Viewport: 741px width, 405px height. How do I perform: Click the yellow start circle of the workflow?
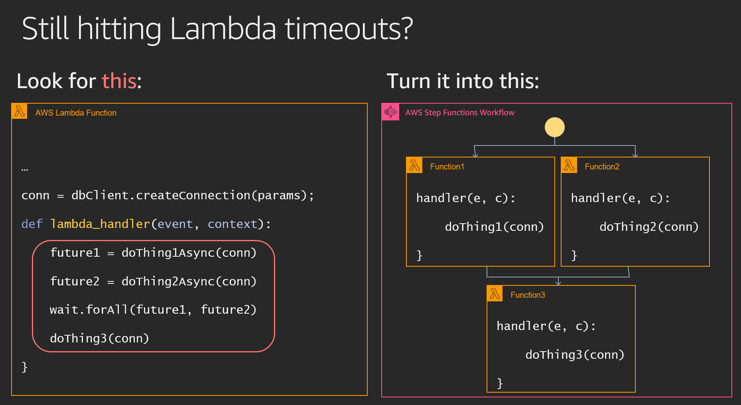[554, 127]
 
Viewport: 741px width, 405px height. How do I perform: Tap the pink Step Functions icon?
[390, 112]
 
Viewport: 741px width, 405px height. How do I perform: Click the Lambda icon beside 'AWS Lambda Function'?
[20, 111]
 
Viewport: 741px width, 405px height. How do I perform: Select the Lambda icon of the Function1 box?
[414, 165]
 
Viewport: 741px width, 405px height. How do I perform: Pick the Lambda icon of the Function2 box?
[569, 165]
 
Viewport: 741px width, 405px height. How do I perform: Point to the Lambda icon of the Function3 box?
[495, 293]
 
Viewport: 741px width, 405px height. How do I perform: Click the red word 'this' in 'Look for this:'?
[119, 81]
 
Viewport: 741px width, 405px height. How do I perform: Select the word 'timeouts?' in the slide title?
[349, 29]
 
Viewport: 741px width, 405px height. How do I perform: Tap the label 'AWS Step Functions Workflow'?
[460, 112]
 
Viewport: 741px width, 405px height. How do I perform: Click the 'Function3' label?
[528, 295]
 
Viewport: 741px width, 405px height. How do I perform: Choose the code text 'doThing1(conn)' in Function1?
[495, 227]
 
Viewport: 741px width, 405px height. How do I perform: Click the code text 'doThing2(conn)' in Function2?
[649, 227]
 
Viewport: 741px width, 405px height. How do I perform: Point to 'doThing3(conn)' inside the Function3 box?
[575, 355]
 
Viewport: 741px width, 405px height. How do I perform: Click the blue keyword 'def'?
[32, 224]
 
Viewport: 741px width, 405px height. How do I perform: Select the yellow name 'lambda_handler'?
[100, 224]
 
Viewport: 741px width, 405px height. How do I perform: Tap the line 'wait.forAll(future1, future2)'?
[153, 310]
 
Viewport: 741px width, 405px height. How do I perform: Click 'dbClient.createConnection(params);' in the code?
[193, 195]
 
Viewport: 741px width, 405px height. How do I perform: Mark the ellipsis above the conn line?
[25, 170]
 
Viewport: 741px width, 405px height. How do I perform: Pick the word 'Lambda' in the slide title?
[223, 29]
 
